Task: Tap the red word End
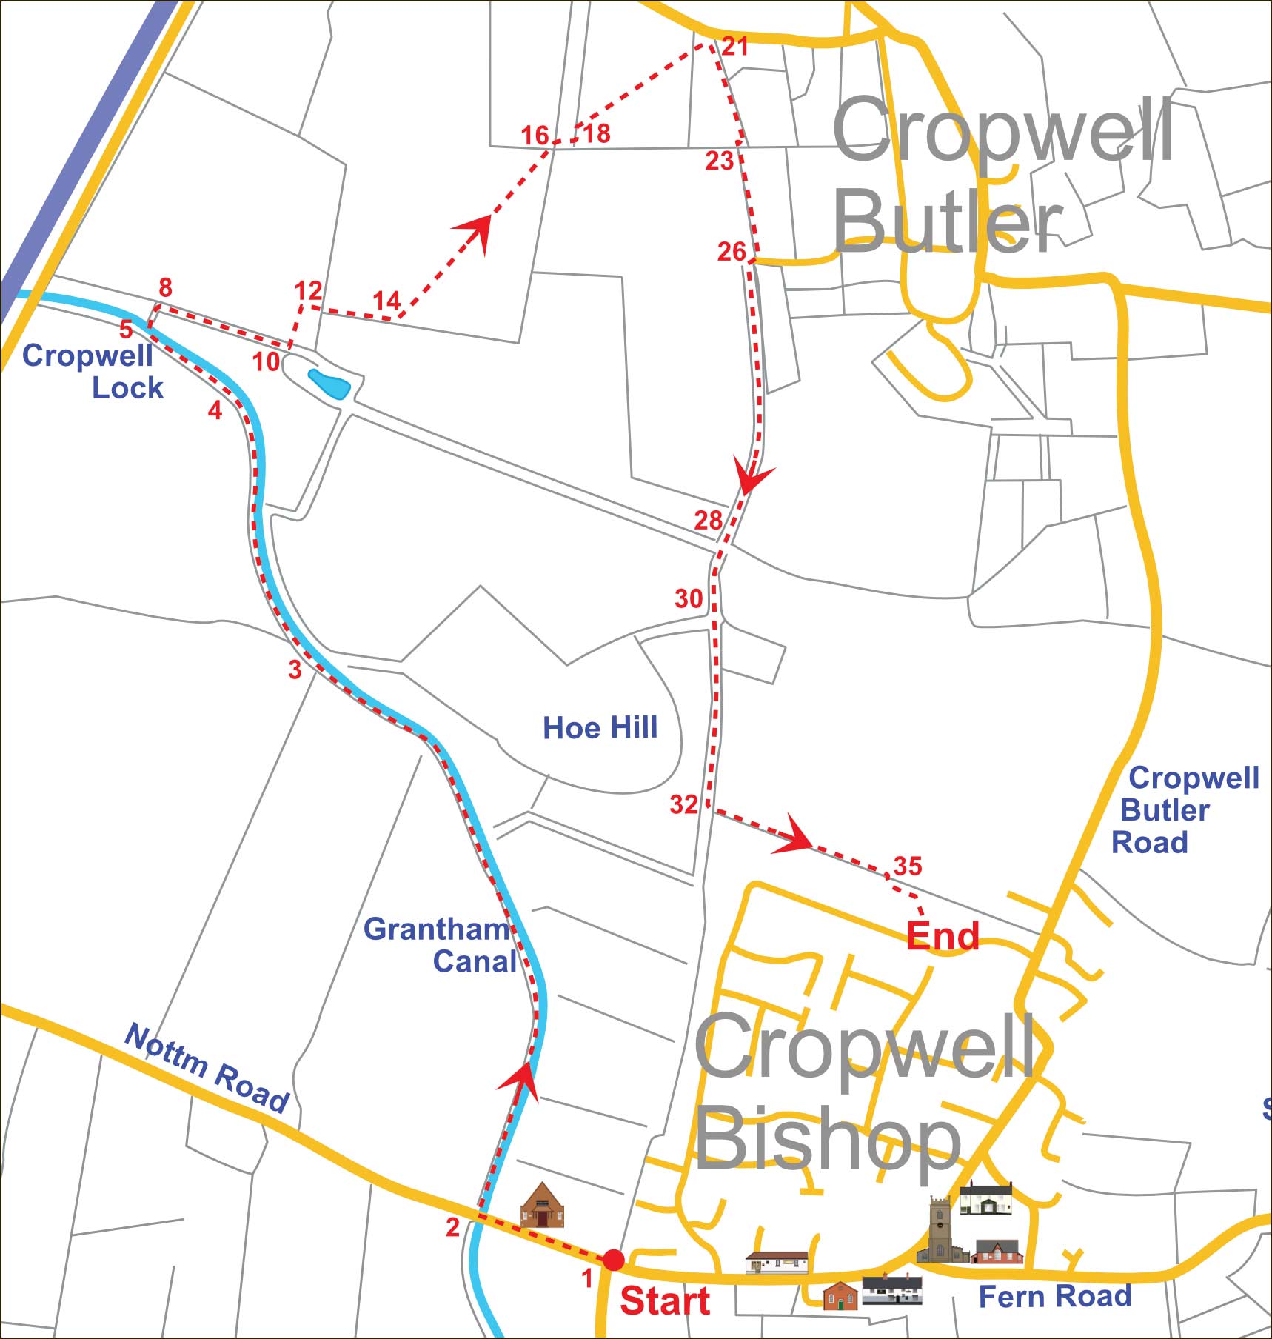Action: tap(942, 935)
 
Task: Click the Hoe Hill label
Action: tap(600, 727)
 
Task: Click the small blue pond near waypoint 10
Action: tap(328, 384)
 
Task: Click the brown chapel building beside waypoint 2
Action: tap(542, 1206)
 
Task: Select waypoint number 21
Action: tap(734, 47)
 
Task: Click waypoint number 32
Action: tap(683, 804)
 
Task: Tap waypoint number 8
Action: tap(165, 287)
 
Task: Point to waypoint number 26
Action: tap(731, 252)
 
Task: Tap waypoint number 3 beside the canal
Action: tap(295, 669)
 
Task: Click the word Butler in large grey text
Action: tap(948, 221)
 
